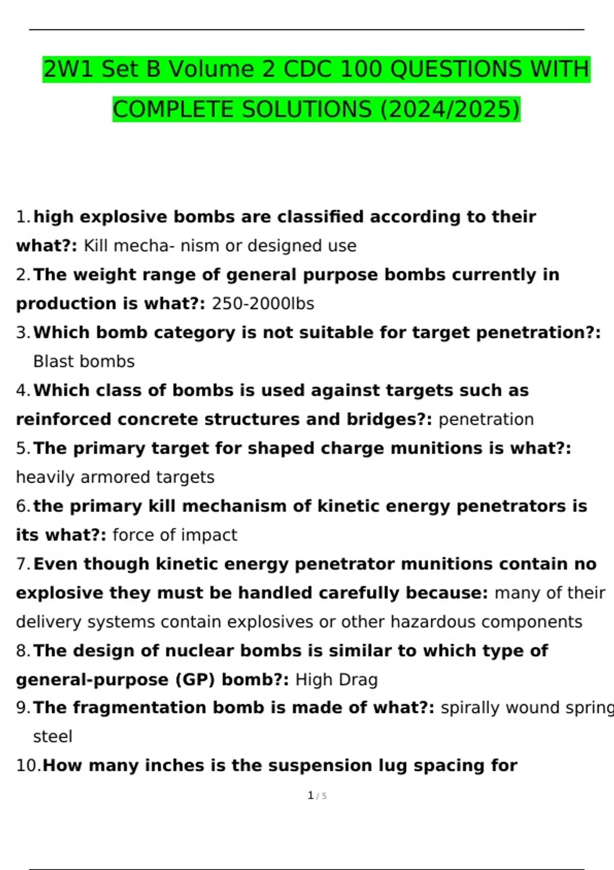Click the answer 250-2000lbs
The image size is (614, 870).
click(263, 303)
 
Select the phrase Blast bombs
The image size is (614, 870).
click(84, 361)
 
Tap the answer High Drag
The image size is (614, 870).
click(337, 680)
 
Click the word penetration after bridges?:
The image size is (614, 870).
click(486, 419)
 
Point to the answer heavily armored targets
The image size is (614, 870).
click(115, 477)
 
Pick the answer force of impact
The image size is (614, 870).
click(174, 535)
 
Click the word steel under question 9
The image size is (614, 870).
click(53, 736)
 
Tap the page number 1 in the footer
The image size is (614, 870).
click(311, 795)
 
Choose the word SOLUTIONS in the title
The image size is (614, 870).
click(306, 109)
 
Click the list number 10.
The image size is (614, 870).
click(28, 766)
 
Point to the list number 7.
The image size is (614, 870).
click(23, 564)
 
